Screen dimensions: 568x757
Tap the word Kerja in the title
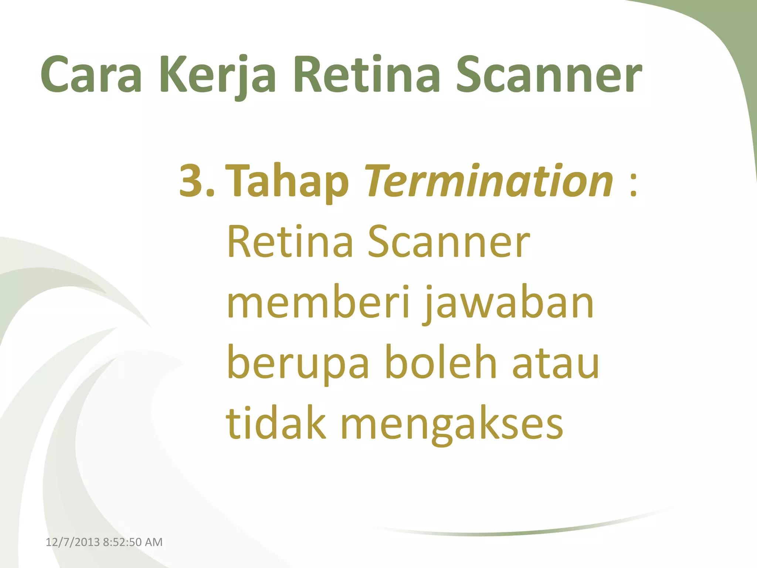click(218, 76)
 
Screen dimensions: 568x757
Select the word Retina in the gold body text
click(291, 242)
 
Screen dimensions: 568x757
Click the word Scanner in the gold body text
click(449, 242)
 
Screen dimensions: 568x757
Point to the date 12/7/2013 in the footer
click(72, 542)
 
